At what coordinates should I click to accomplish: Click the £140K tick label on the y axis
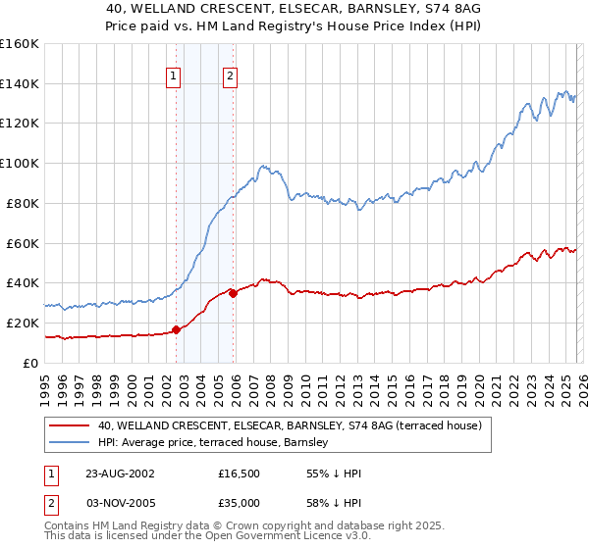20,83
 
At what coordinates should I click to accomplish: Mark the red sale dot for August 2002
177,329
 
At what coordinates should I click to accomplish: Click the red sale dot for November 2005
233,292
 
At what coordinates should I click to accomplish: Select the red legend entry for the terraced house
289,425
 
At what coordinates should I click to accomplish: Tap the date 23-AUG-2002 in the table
120,474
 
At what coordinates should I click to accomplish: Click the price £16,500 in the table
240,474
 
